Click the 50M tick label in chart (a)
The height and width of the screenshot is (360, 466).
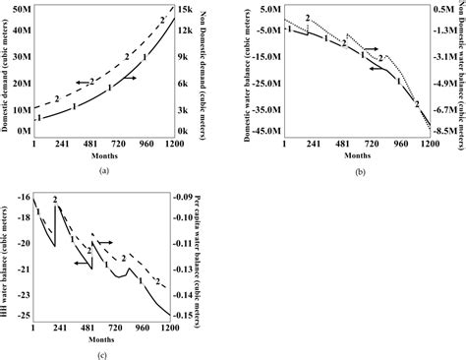coord(20,9)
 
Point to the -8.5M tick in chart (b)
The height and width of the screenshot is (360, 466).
coord(444,156)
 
